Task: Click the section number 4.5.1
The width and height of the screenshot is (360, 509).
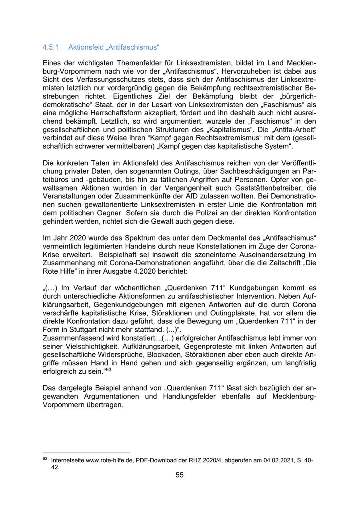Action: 50,47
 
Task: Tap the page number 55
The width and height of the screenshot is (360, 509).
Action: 180,475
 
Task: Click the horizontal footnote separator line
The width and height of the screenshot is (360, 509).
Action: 86,453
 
